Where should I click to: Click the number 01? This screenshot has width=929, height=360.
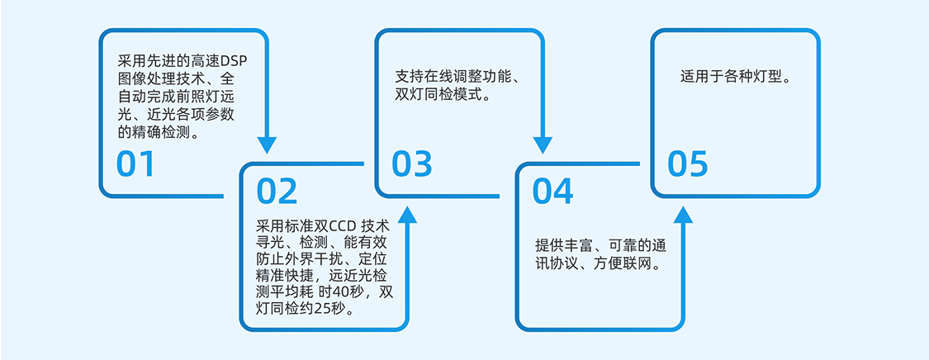135,165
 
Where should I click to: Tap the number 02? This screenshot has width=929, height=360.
277,192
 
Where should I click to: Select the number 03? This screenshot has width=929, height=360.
412,165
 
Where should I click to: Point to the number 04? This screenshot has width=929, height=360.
552,192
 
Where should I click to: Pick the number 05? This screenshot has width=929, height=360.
688,164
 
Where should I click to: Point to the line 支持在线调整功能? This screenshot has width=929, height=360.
456,78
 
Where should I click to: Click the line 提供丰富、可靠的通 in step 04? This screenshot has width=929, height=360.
600,246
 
